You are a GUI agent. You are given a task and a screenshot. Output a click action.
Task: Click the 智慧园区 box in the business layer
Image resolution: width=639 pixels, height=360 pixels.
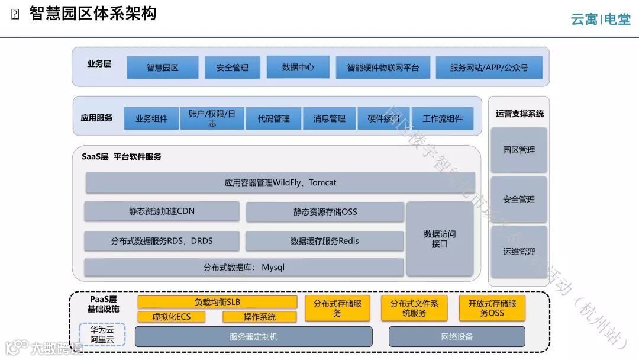tap(163, 67)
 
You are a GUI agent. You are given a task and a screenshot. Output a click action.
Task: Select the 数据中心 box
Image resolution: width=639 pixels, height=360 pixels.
tap(298, 67)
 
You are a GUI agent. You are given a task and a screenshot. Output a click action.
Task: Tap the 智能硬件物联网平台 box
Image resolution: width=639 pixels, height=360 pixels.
tap(383, 67)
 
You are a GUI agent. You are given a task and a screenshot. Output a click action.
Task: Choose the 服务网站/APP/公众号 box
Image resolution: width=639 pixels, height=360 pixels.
tap(489, 67)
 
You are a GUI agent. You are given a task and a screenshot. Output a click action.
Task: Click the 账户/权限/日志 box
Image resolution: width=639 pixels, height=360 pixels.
tap(212, 118)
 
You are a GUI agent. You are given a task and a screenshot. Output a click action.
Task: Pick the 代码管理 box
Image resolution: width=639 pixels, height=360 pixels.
tap(273, 118)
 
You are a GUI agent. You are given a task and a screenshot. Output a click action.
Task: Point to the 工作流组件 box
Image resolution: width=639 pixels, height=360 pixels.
tap(443, 118)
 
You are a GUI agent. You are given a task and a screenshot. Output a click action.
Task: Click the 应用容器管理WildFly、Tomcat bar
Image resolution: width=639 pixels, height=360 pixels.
tap(280, 182)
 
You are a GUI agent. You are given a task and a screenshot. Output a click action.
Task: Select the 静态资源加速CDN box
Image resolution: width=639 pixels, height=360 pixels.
tap(162, 211)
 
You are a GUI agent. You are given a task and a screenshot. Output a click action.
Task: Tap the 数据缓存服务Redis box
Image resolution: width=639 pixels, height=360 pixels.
tap(324, 241)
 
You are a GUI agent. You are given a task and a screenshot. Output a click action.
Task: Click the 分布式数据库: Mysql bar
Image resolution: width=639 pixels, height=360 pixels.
tap(244, 267)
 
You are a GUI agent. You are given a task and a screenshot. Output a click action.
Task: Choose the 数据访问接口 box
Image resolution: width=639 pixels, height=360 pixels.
tap(440, 239)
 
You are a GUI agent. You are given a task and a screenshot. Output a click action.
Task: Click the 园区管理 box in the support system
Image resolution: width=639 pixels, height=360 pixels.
tap(519, 150)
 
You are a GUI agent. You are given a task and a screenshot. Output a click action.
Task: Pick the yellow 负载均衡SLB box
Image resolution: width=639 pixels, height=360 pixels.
tap(217, 302)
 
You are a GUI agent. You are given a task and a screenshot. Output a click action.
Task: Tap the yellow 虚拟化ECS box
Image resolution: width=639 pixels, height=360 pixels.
tap(172, 317)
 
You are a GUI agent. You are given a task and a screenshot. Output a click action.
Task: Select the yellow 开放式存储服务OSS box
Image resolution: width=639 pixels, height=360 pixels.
tap(492, 308)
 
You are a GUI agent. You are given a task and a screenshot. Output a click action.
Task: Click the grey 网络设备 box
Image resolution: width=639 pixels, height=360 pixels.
tap(457, 337)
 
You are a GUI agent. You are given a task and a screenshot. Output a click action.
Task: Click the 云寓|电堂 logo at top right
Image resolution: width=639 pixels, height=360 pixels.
tap(600, 20)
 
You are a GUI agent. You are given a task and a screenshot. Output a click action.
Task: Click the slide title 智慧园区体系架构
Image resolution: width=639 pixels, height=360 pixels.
tap(93, 14)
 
